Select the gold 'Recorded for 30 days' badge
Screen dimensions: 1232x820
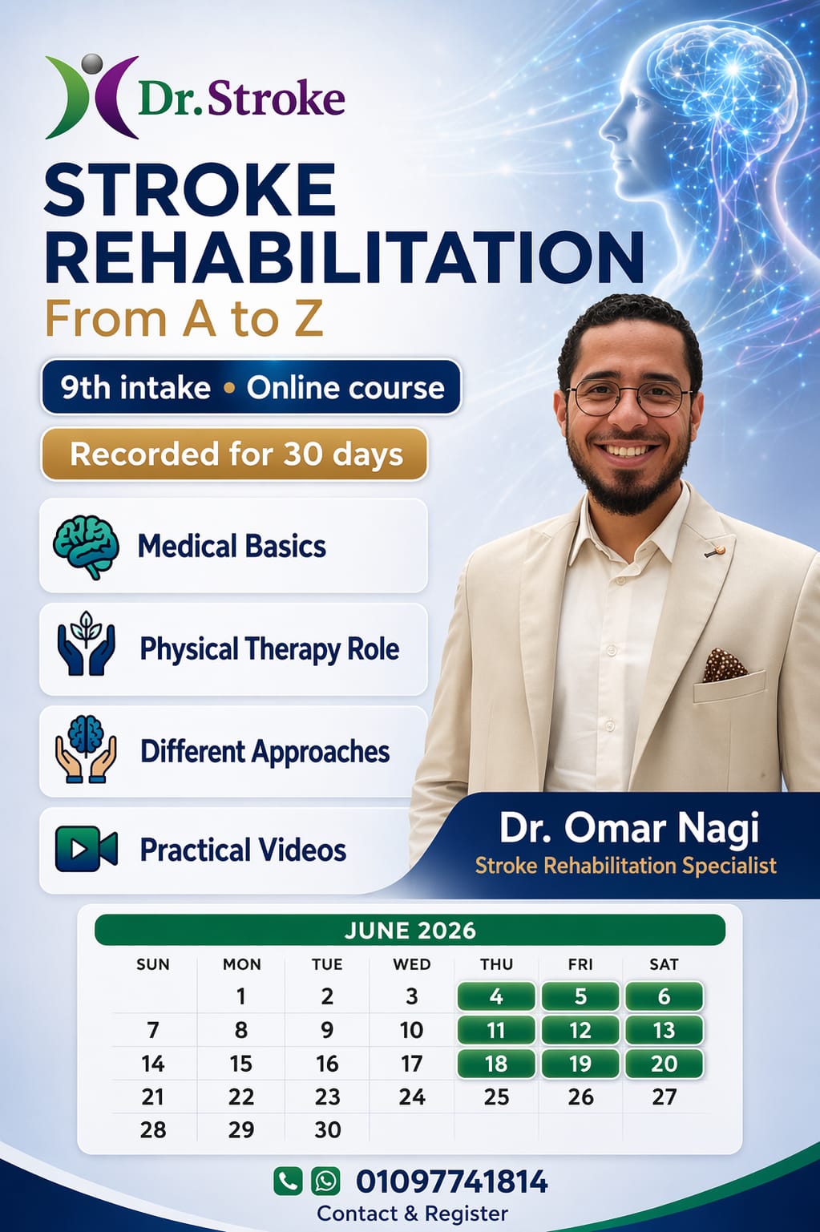click(235, 454)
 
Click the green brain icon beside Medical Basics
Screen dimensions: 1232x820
click(86, 546)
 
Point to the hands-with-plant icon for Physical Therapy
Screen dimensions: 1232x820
click(86, 648)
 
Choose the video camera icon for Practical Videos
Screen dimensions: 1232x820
click(86, 850)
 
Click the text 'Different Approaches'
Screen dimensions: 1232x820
click(265, 752)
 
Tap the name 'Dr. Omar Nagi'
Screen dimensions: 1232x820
click(628, 828)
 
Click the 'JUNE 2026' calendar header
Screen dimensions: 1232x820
click(410, 930)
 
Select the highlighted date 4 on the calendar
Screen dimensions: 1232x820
click(496, 996)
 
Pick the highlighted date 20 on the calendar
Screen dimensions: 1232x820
click(664, 1064)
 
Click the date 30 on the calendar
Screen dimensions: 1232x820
click(327, 1129)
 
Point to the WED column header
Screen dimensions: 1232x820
click(411, 964)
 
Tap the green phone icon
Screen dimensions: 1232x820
click(288, 1181)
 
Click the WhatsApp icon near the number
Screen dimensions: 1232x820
click(325, 1181)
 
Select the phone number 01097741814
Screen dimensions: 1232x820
click(452, 1182)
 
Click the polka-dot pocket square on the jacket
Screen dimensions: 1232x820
click(724, 665)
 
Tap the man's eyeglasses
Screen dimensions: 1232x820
click(629, 398)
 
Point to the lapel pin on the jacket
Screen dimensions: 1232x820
click(718, 551)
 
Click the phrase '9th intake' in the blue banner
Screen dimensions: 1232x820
click(135, 388)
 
